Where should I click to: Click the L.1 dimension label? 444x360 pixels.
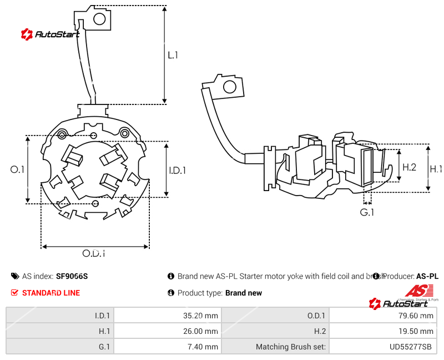(x=173, y=55)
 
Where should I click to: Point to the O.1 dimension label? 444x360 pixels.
(x=18, y=169)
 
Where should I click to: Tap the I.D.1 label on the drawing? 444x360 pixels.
(x=178, y=171)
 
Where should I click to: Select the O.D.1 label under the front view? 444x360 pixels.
(x=94, y=253)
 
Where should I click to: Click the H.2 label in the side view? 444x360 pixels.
(x=409, y=167)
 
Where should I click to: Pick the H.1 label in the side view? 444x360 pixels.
(x=436, y=169)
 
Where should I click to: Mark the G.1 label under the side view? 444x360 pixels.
(x=367, y=212)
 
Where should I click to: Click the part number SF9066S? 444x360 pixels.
(x=72, y=276)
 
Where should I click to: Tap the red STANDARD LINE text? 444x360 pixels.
(x=51, y=293)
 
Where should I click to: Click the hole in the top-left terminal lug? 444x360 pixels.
(x=100, y=19)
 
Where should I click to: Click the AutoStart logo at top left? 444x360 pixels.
(x=49, y=34)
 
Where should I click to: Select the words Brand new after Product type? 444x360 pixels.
(x=244, y=293)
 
